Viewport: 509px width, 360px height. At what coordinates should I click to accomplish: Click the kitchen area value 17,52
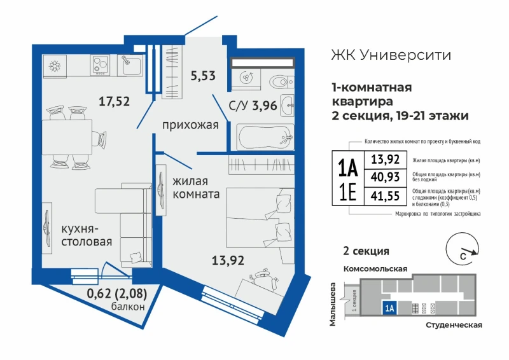coord(114,101)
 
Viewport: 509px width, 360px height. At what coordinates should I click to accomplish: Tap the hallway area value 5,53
coord(203,76)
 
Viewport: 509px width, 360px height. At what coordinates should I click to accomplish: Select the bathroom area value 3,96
coord(265,106)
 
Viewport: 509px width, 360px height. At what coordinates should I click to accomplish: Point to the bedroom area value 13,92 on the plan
coord(228,260)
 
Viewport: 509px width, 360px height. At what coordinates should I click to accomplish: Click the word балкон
coord(128,307)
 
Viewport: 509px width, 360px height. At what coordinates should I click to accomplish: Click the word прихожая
coord(190,125)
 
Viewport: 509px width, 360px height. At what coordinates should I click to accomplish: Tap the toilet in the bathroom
coord(281,83)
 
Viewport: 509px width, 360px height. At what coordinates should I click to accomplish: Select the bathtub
coord(265,137)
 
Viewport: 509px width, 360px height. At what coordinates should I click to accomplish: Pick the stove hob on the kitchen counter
coord(100,65)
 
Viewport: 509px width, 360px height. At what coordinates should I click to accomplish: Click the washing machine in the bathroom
coord(246,78)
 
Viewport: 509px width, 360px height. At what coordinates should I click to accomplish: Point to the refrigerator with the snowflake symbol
coord(55,66)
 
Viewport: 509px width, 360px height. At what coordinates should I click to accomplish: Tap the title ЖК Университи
coord(391,55)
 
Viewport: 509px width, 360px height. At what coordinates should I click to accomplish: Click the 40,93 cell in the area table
coord(386,177)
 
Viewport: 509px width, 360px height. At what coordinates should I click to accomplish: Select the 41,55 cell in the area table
coord(386,196)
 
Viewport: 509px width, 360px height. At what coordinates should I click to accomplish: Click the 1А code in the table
coord(348,169)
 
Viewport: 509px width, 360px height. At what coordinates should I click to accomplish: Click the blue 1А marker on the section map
coord(389,307)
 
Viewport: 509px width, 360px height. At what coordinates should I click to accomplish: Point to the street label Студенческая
coord(454,325)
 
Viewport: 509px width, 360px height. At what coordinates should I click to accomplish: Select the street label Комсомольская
coord(375,269)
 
